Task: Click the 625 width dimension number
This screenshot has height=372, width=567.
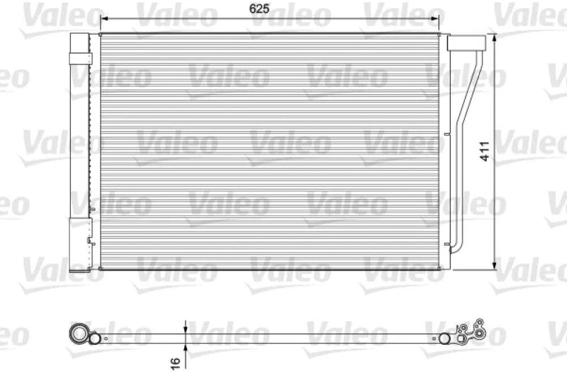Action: [x=272, y=8]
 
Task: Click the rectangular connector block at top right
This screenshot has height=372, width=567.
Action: [x=466, y=43]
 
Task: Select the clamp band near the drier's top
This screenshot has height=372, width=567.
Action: [x=80, y=58]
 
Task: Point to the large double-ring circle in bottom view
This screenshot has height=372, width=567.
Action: [x=78, y=334]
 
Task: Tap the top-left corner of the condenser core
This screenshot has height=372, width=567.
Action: [x=101, y=35]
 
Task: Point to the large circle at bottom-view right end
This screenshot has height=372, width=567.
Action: [x=445, y=338]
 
